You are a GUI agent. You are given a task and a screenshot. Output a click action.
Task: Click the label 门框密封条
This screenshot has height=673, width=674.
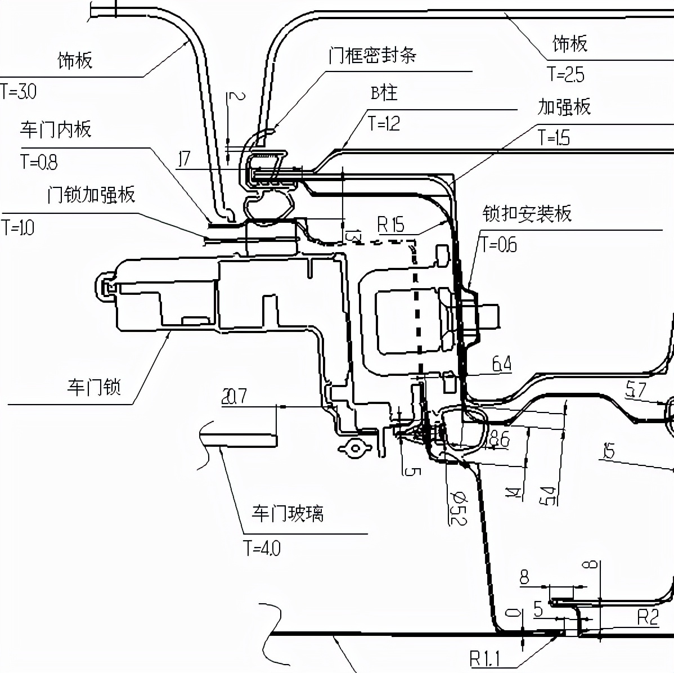pyautogui.click(x=372, y=55)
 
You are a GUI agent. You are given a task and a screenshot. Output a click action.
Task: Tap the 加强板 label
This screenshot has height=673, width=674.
pyautogui.click(x=564, y=106)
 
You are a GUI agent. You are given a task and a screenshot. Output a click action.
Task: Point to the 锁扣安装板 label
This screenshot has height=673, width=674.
pyautogui.click(x=527, y=213)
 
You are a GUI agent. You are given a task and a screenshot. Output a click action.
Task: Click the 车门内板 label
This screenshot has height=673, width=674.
pyautogui.click(x=56, y=129)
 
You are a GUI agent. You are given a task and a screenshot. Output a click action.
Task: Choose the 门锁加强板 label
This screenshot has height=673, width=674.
pyautogui.click(x=91, y=195)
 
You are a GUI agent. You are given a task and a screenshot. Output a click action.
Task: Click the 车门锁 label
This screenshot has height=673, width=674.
pyautogui.click(x=94, y=387)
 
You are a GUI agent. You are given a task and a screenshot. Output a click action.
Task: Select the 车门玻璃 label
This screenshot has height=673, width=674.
pyautogui.click(x=287, y=513)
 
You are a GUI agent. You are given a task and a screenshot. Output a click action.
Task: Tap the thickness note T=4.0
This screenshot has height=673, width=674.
pyautogui.click(x=262, y=547)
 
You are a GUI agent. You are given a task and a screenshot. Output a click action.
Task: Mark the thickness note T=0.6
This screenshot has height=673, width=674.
pyautogui.click(x=498, y=244)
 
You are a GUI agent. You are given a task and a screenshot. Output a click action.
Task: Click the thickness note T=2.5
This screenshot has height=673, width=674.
pyautogui.click(x=566, y=74)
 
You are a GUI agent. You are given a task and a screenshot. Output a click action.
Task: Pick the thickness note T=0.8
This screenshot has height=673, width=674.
pyautogui.click(x=39, y=162)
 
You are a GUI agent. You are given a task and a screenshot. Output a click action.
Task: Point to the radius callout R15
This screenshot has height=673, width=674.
pyautogui.click(x=390, y=225)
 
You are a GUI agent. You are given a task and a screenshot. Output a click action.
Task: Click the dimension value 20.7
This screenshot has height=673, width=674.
pyautogui.click(x=234, y=397)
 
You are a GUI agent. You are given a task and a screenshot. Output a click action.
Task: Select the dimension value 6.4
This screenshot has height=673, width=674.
pyautogui.click(x=501, y=365)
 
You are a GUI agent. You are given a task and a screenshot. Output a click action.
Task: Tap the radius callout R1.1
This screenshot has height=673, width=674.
pyautogui.click(x=484, y=657)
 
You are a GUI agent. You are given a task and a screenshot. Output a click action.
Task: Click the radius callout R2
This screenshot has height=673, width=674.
pyautogui.click(x=647, y=618)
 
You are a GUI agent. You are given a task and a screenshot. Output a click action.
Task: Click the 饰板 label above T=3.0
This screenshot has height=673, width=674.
pyautogui.click(x=75, y=60)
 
